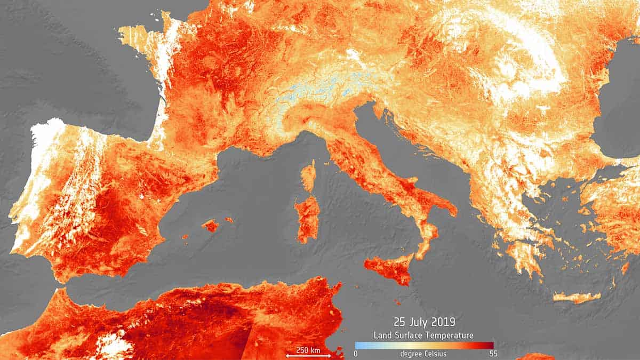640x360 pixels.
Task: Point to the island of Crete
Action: coord(576,297)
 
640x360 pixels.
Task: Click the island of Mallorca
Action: coord(210,226)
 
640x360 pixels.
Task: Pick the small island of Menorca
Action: coord(229,219)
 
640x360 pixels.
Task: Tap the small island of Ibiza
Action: coord(185,236)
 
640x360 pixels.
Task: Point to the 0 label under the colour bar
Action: coord(356,354)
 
